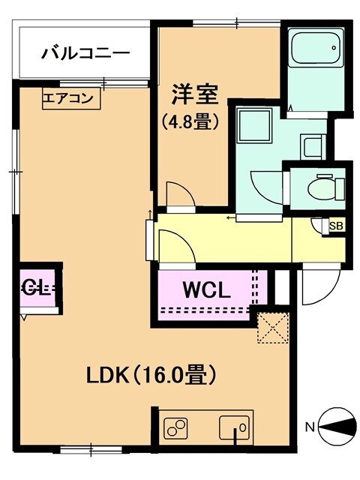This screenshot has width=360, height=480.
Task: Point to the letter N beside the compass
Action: click(x=309, y=428)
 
